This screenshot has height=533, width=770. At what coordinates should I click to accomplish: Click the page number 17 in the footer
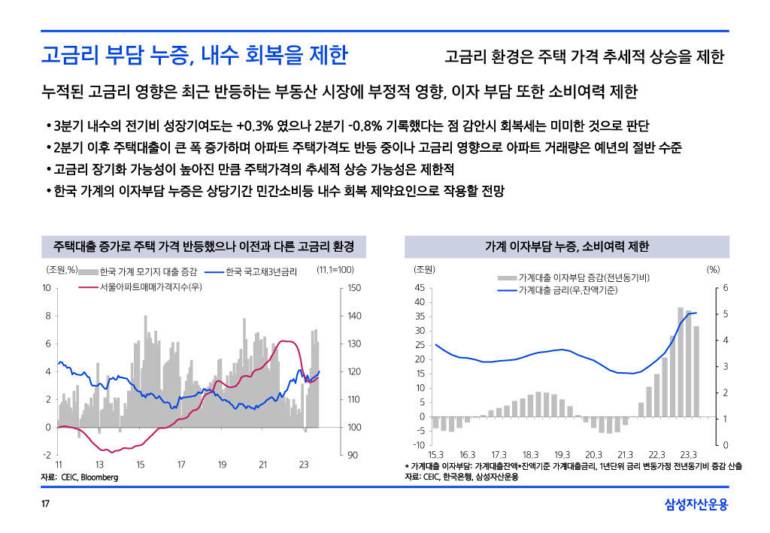click(44, 504)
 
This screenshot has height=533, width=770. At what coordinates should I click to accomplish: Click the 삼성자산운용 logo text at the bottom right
click(696, 504)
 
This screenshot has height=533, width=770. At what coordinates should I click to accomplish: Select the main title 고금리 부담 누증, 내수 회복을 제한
click(194, 56)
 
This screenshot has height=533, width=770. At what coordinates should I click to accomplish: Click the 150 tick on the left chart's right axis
click(355, 288)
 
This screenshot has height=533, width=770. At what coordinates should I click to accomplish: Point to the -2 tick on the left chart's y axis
click(46, 455)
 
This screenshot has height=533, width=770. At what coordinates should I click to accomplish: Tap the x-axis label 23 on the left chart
click(304, 465)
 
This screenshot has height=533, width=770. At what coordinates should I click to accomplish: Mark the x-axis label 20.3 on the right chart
click(593, 455)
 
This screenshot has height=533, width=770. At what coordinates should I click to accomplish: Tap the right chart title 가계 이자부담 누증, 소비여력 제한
click(567, 247)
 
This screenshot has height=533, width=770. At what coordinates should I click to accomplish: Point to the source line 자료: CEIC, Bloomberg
click(79, 477)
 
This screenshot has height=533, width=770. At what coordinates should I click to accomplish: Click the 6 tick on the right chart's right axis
click(726, 288)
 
